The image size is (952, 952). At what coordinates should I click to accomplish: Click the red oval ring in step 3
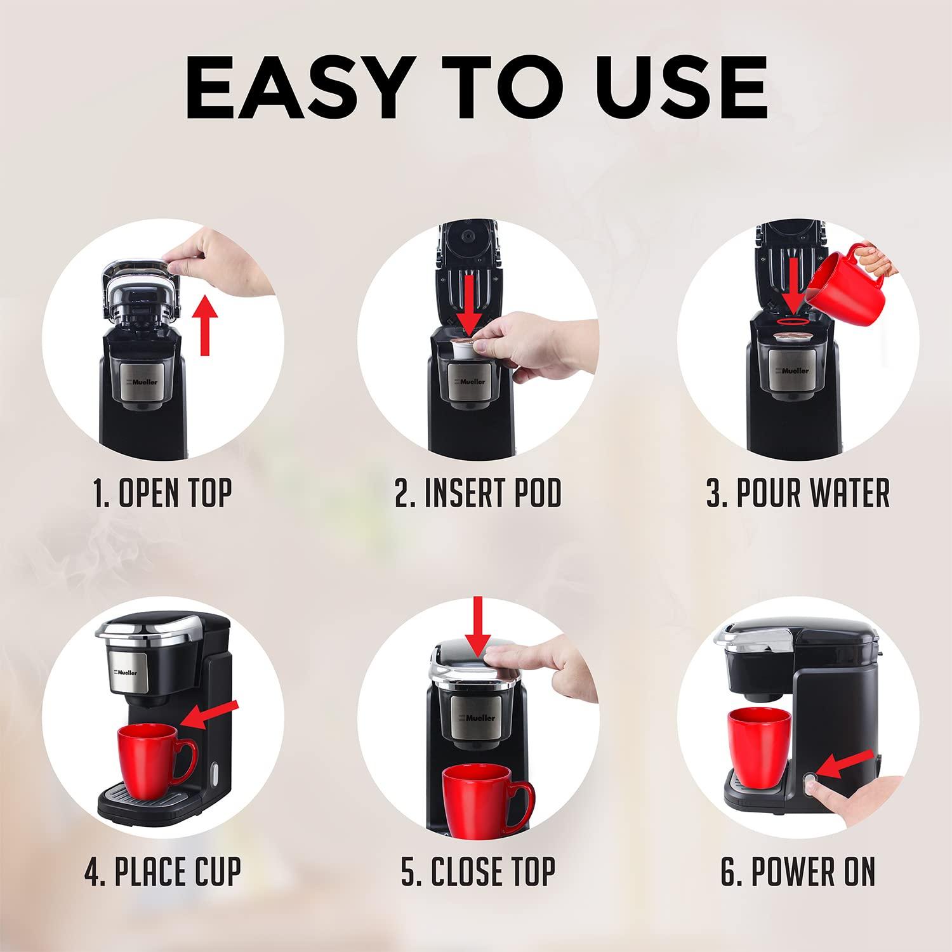[x=793, y=321]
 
